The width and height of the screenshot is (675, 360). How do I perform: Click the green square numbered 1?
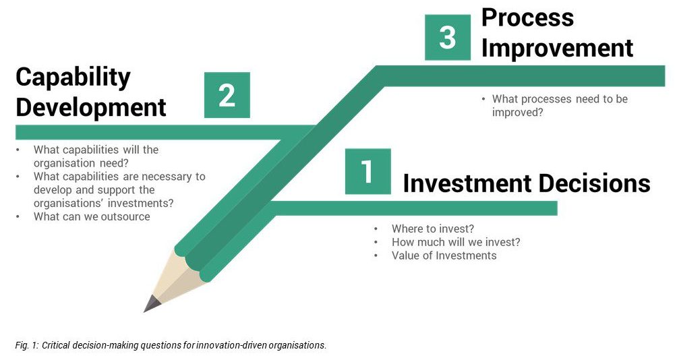click(368, 171)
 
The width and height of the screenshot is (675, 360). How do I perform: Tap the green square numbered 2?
click(227, 95)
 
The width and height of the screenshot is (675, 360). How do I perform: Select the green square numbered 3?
click(448, 38)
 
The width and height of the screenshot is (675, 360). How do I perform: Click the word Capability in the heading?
click(73, 78)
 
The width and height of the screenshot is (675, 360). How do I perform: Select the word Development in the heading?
click(91, 107)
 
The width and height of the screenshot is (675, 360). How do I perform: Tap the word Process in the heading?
click(527, 18)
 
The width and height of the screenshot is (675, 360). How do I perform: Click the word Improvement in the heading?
click(557, 48)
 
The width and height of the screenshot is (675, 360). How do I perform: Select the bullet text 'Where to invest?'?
click(433, 229)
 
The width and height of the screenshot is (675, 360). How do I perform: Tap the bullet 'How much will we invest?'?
click(456, 242)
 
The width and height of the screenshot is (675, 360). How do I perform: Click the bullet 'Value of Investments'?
click(444, 256)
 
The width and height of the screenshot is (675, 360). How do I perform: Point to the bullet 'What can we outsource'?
click(92, 216)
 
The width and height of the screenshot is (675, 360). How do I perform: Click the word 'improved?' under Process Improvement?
click(518, 113)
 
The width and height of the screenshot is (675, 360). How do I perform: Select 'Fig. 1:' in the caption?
click(27, 345)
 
